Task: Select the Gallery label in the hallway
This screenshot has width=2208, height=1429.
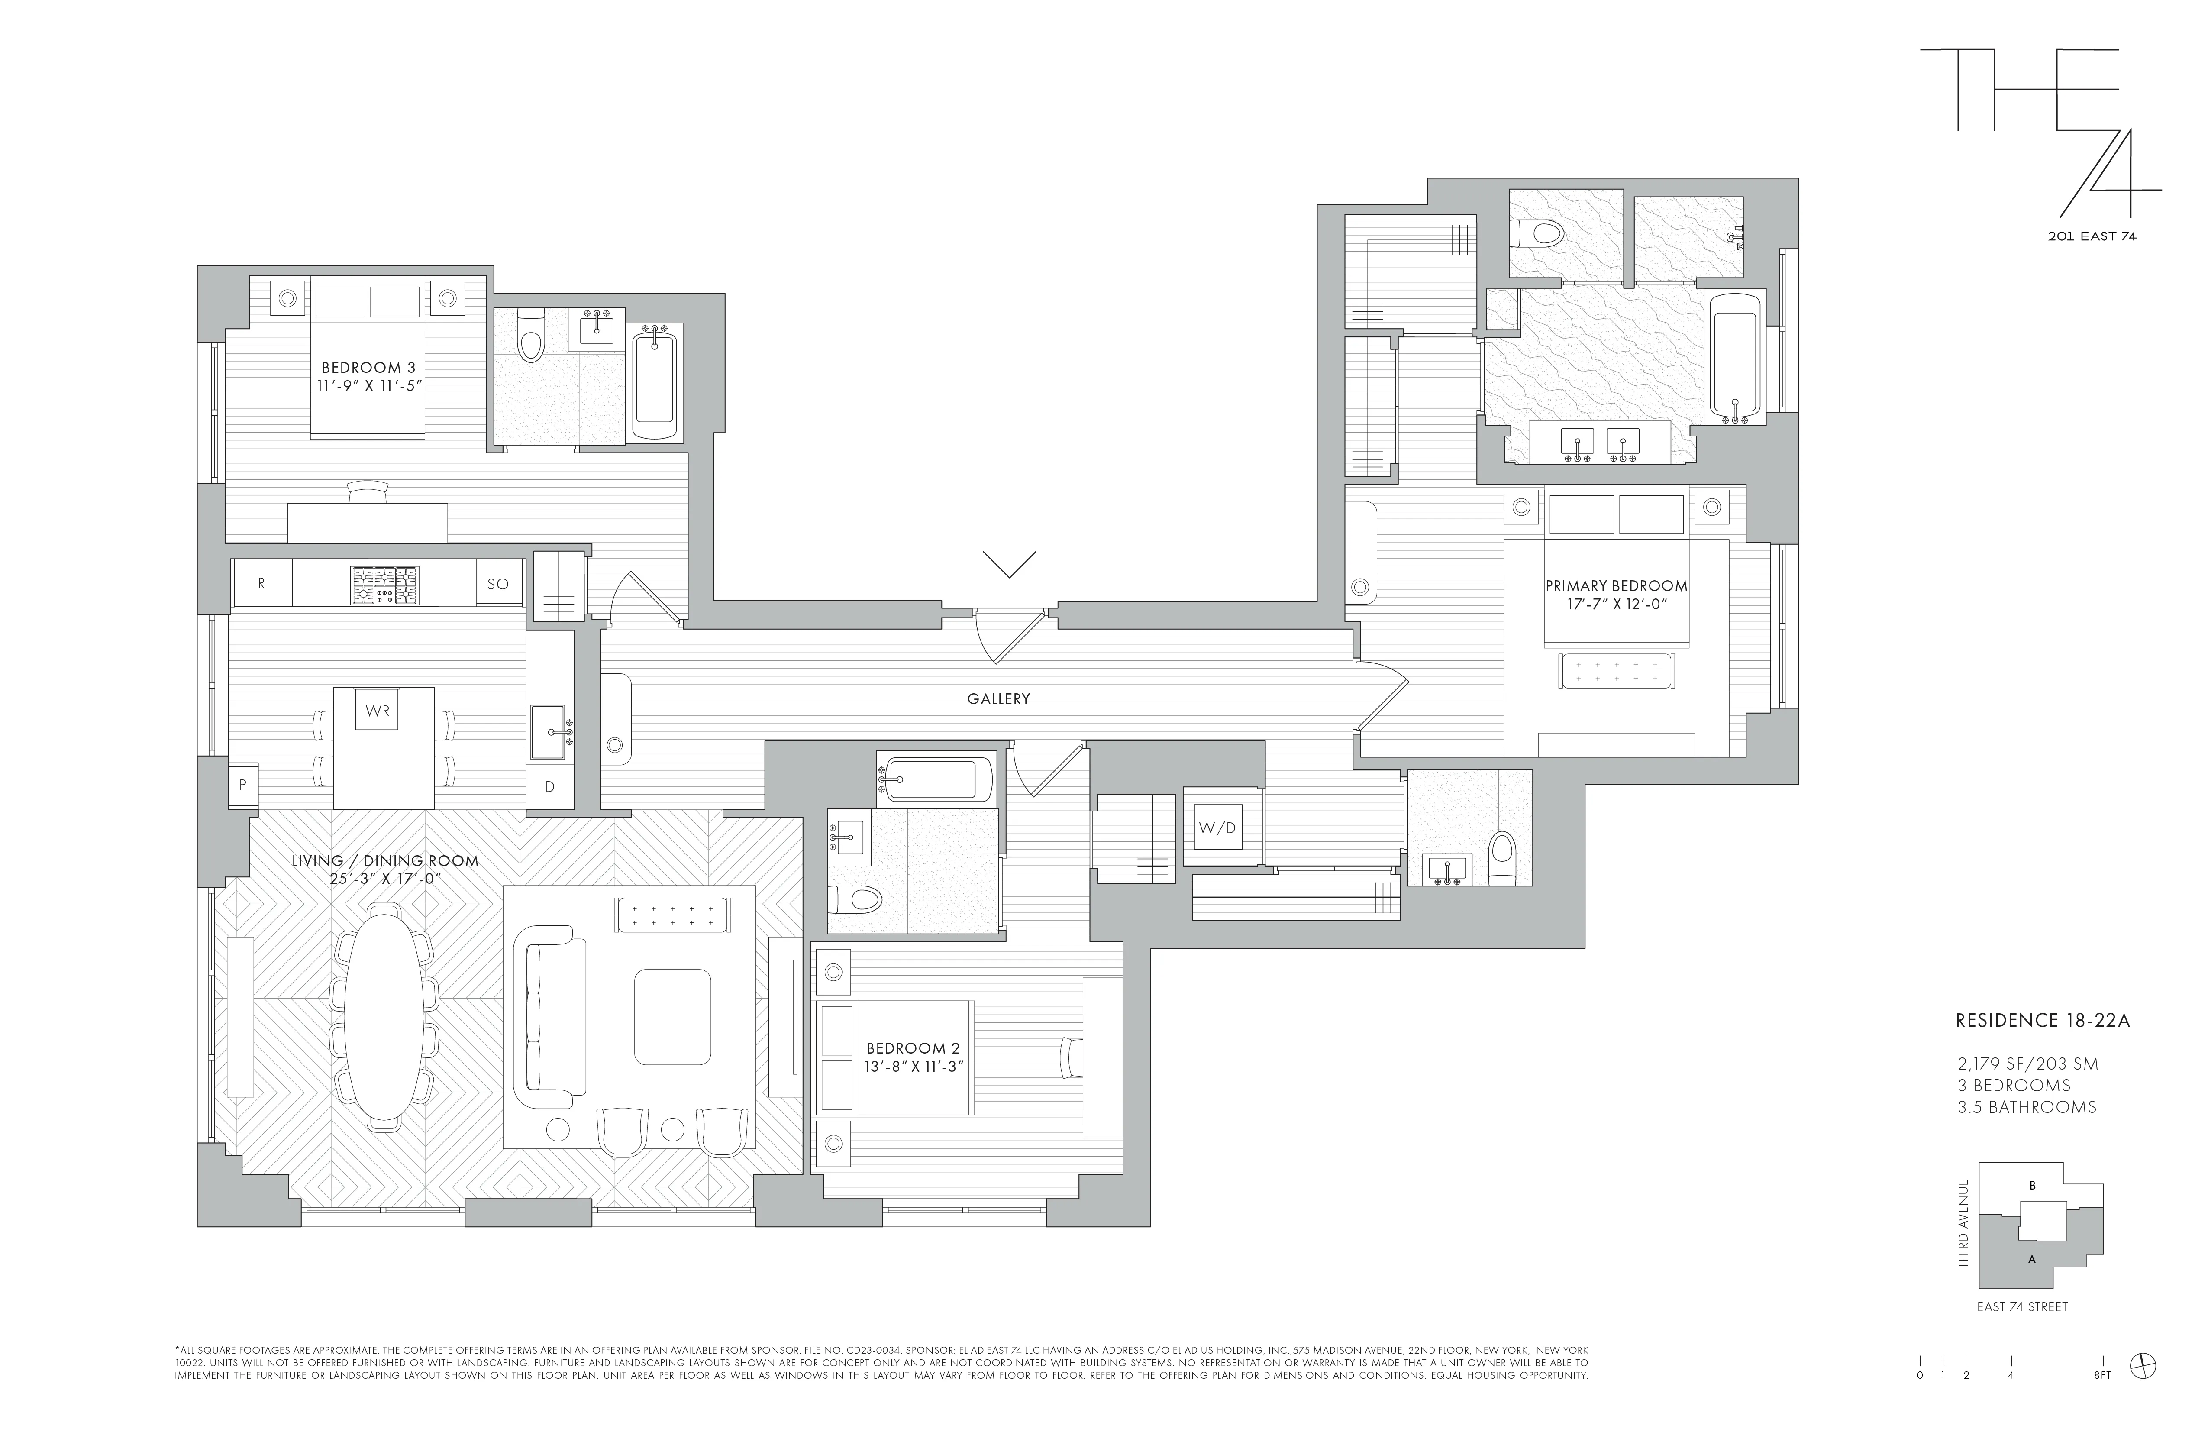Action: (998, 699)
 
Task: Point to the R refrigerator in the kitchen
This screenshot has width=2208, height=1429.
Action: (261, 584)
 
